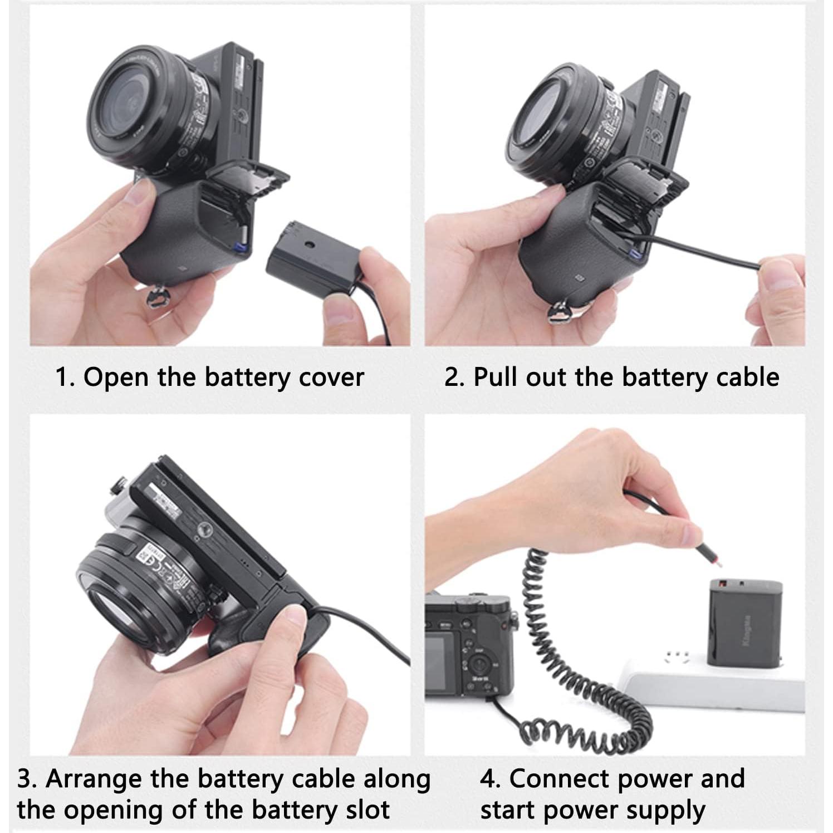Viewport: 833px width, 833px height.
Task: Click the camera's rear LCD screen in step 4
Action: (443, 663)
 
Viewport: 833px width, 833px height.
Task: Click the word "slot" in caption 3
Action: (365, 810)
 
